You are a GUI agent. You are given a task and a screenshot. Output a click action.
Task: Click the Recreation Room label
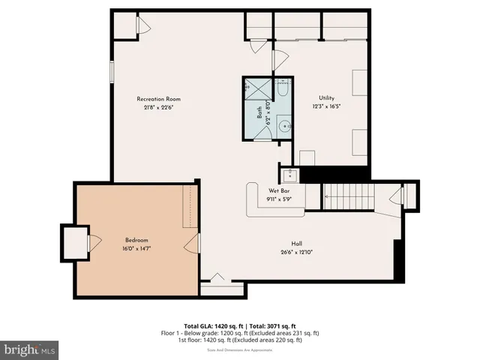[x=158, y=99]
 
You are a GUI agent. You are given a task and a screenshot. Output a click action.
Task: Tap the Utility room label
[x=326, y=98]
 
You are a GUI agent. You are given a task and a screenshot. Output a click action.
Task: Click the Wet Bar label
[x=278, y=191]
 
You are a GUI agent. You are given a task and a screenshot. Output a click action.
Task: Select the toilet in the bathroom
[x=282, y=91]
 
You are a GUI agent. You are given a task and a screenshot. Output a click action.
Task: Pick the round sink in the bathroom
[x=284, y=127]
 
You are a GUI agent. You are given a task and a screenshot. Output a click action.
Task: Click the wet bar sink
[x=289, y=175]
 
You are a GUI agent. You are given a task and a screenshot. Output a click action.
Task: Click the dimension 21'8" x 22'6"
[x=158, y=106]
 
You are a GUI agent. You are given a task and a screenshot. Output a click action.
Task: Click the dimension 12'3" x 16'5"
[x=326, y=106]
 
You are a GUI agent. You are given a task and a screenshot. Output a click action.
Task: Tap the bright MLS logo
[x=29, y=349]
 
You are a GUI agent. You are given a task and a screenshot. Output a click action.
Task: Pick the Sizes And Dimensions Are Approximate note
[x=239, y=350]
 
